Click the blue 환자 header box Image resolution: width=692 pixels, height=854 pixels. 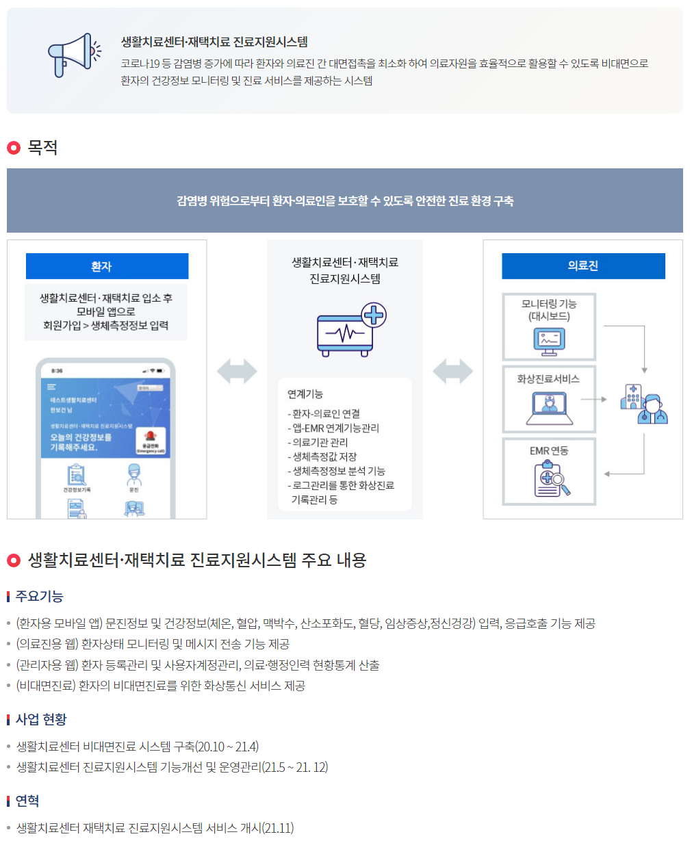pyautogui.click(x=107, y=266)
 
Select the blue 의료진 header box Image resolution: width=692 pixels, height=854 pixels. pyautogui.click(x=583, y=266)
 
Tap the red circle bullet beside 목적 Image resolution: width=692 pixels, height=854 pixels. pyautogui.click(x=14, y=148)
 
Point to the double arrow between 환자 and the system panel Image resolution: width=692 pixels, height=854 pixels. pyautogui.click(x=237, y=372)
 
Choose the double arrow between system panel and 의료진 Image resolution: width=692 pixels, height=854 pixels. pyautogui.click(x=452, y=372)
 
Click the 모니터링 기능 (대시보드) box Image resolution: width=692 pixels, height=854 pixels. pyautogui.click(x=549, y=327)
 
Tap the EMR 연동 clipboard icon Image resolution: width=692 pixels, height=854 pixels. pyautogui.click(x=551, y=478)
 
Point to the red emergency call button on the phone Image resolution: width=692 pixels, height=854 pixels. pyautogui.click(x=151, y=439)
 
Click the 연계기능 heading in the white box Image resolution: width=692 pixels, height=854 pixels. pyautogui.click(x=305, y=394)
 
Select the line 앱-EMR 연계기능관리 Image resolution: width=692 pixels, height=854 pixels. pyautogui.click(x=335, y=428)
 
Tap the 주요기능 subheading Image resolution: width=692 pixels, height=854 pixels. pyautogui.click(x=40, y=597)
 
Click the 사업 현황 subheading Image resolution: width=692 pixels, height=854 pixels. pyautogui.click(x=41, y=719)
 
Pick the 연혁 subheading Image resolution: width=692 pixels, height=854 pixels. pyautogui.click(x=27, y=801)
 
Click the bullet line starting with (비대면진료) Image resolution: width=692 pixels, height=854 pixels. pyautogui.click(x=161, y=686)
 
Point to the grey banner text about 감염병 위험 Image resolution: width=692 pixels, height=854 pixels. pyautogui.click(x=345, y=201)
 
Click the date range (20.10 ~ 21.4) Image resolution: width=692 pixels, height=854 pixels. pyautogui.click(x=227, y=747)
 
